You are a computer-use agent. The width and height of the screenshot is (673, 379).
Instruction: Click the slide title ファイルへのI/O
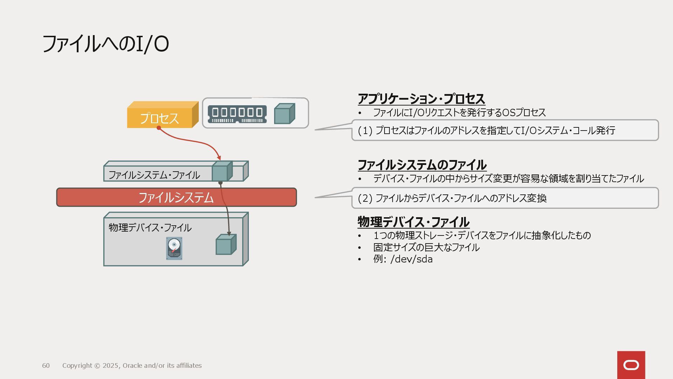point(105,44)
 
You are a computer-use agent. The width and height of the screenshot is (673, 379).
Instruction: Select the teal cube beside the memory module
point(284,114)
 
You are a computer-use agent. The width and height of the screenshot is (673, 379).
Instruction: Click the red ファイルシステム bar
point(176,198)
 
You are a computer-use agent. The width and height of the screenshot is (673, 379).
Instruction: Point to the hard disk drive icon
point(174,248)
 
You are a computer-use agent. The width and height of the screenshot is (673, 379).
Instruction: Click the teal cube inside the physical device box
point(225,245)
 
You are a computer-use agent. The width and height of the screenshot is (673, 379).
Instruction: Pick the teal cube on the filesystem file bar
point(222,172)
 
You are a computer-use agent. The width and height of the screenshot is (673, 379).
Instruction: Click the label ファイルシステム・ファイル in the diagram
point(154,175)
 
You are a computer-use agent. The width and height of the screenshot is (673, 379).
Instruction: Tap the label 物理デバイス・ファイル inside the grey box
point(150,228)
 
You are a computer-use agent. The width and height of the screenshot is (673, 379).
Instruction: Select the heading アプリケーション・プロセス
point(421,99)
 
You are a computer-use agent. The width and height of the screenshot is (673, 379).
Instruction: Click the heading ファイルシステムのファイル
point(422,165)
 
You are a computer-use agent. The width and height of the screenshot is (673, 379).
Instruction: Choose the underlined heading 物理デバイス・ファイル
point(413,222)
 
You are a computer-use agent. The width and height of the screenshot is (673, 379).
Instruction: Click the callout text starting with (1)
point(487,131)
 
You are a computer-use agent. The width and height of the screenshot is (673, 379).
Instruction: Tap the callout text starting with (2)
point(452,198)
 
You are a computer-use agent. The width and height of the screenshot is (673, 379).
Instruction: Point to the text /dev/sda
point(411,259)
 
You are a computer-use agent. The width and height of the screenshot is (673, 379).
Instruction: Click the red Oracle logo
point(631,365)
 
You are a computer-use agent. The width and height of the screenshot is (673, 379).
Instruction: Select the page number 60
point(46,366)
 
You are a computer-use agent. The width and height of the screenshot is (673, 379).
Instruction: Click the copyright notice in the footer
point(132,366)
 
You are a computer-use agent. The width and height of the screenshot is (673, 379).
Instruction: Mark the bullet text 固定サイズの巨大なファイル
point(426,247)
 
